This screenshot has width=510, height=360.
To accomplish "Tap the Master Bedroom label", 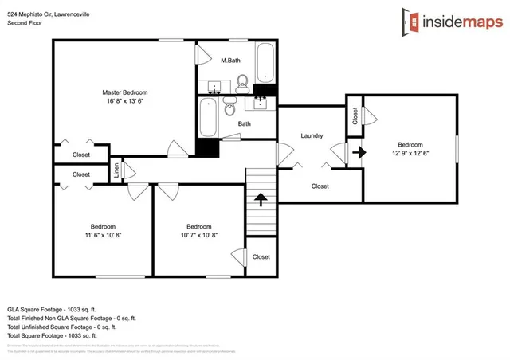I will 125,92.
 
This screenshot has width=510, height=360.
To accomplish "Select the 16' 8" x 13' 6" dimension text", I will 125,101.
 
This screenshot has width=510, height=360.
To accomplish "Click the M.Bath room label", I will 230,61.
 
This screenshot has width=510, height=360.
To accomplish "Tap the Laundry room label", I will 312,135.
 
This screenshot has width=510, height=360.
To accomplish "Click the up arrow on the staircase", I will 259,198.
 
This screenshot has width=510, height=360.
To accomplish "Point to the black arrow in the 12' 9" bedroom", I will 359,151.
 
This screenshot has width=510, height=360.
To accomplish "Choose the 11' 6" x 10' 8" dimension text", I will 103,234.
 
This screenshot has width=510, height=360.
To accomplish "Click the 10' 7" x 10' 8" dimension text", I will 198,234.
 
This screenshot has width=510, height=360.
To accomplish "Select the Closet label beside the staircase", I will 261,256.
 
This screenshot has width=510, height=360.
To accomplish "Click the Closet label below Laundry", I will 320,186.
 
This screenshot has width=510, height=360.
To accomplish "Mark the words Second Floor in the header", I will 26,23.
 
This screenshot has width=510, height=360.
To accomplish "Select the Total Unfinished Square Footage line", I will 62,327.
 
